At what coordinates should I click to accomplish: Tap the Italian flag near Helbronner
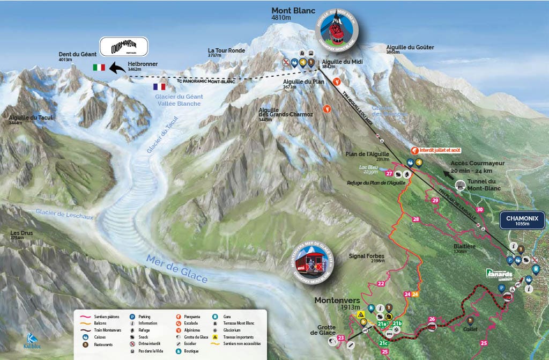[x=99, y=68]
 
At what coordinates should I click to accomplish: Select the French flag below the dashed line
[x=159, y=86]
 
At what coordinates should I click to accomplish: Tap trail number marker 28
[x=416, y=219]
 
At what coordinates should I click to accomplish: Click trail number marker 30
[x=479, y=210]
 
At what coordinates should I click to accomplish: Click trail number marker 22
[x=381, y=283]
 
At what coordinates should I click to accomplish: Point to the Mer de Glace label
[x=176, y=269]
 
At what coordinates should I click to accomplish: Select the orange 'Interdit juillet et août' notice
[x=436, y=151]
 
